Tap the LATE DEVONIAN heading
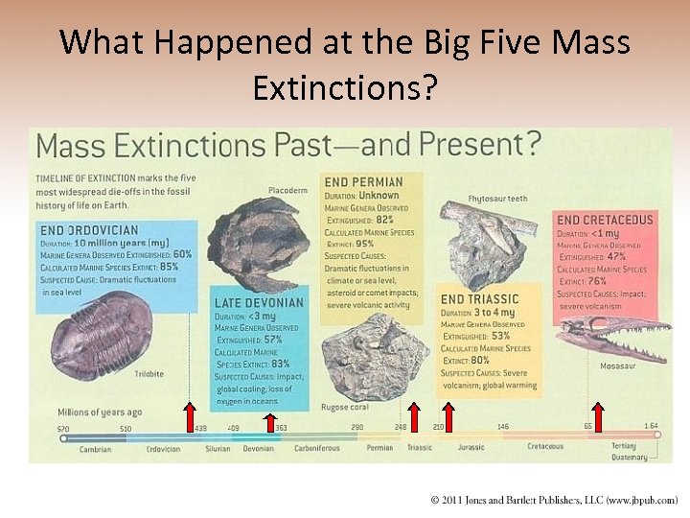point(258,303)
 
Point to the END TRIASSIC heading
point(479,299)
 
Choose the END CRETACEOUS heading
point(605,220)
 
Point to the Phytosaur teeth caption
point(497,199)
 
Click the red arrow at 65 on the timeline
point(598,417)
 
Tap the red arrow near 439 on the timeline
point(189,417)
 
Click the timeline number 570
point(63,428)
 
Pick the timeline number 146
point(502,426)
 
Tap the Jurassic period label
point(471,448)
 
